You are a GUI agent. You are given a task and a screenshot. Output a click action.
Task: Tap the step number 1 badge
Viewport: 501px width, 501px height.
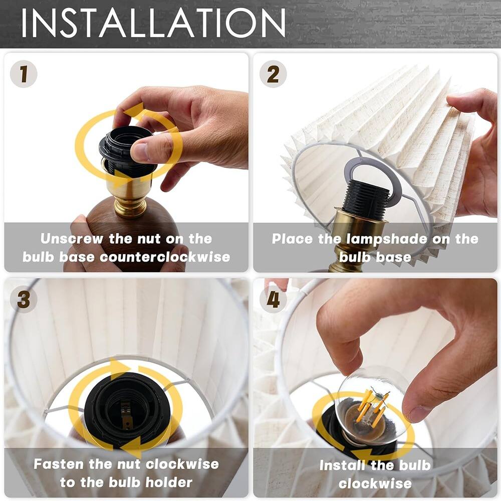coord(23,74)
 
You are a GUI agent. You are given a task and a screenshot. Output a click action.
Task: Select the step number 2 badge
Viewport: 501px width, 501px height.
coord(273,74)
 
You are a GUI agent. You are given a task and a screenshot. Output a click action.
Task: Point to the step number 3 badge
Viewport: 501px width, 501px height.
coord(23,300)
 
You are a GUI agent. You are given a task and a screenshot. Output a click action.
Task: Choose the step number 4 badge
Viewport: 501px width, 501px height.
coord(273,300)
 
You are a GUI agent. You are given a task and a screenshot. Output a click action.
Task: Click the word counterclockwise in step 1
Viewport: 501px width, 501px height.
coord(165,258)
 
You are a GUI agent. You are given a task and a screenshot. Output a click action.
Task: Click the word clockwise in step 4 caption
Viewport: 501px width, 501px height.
coord(375,484)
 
